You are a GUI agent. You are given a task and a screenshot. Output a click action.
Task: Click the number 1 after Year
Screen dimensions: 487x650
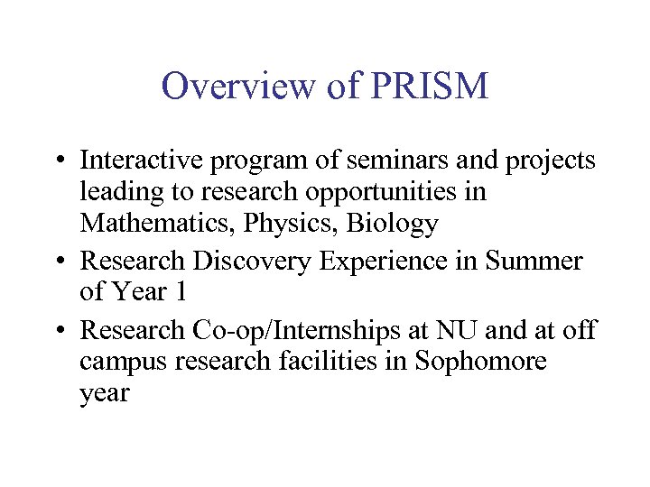[x=182, y=293]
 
